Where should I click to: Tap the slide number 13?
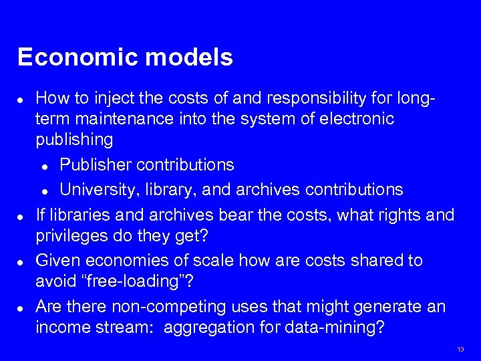(460, 350)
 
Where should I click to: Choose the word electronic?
(355, 119)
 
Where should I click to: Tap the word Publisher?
(97, 164)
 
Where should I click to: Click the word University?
(98, 190)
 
